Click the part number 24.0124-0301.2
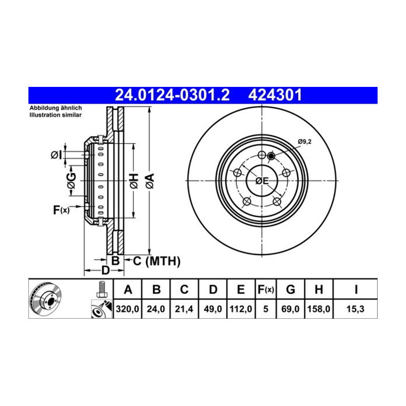pos(172,95)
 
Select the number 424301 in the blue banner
pos(275,95)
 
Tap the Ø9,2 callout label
pos(304,142)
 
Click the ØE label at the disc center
pos(262,181)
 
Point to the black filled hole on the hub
pos(271,156)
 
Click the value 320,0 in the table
pos(127,309)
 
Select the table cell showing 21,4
pos(184,309)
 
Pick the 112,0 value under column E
pos(241,309)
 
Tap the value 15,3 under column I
pos(355,309)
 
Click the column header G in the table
pos(291,289)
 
